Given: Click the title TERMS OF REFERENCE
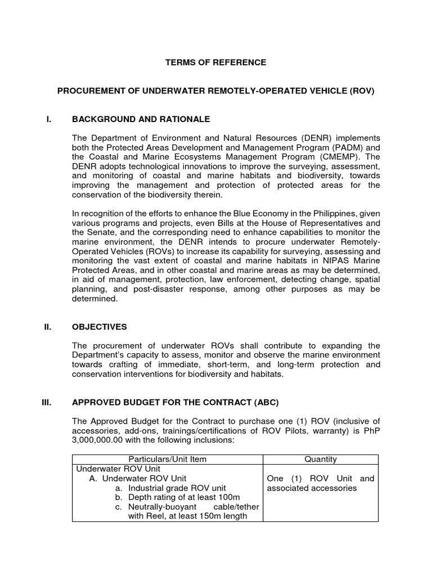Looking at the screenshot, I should coord(215,63).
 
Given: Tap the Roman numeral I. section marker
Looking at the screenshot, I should coord(49,119).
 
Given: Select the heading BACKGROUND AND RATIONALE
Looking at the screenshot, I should coord(141,119).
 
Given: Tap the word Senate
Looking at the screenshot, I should coord(103,232).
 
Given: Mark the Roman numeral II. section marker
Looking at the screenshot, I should coord(48,327).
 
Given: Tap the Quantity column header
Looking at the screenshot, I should coord(321,460).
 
